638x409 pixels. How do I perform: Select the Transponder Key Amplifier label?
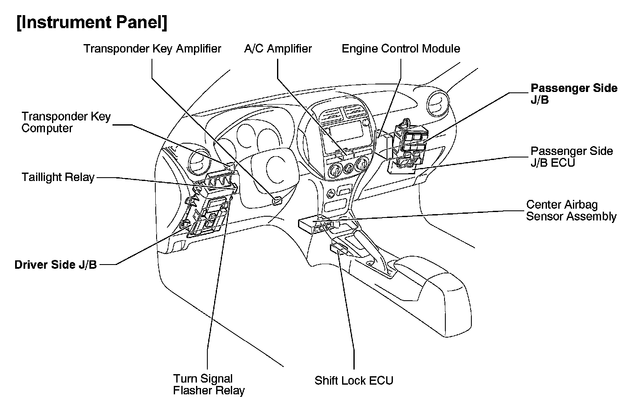(152, 49)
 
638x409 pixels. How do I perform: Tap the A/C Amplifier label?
(278, 49)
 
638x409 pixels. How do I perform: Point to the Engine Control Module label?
(401, 49)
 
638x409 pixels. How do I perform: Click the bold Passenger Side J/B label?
(573, 94)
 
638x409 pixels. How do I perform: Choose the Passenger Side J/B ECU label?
(571, 157)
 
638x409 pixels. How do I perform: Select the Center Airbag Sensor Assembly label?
(571, 210)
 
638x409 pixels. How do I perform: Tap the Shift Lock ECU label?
(354, 381)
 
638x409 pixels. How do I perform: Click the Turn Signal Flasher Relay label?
(209, 385)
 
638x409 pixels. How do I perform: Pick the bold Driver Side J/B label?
(56, 265)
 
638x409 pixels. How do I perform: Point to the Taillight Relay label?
(58, 177)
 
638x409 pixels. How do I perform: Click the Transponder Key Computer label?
(66, 122)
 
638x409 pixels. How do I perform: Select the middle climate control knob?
(348, 169)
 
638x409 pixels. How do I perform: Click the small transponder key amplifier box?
(277, 201)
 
